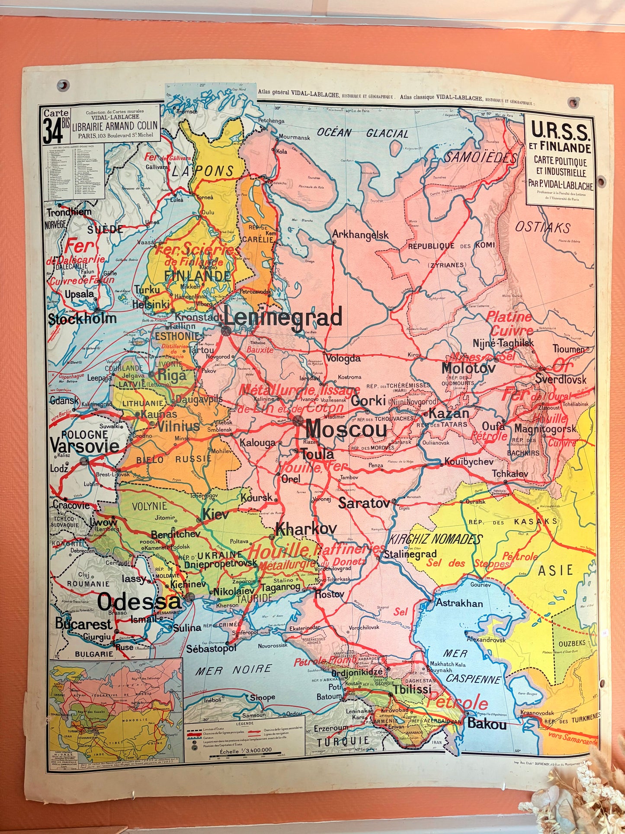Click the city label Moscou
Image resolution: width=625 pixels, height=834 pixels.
[346, 429]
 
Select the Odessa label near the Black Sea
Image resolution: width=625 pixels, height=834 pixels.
[139, 602]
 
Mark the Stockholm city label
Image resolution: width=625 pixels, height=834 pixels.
[82, 319]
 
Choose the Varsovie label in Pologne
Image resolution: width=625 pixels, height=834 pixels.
[84, 446]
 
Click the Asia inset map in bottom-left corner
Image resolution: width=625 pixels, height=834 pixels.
[115, 710]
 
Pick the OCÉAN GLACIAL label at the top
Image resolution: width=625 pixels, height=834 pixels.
[362, 133]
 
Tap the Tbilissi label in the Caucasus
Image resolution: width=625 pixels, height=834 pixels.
[412, 689]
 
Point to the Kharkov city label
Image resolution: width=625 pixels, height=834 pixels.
[306, 529]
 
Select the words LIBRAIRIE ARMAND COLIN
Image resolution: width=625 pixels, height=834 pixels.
[115, 128]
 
